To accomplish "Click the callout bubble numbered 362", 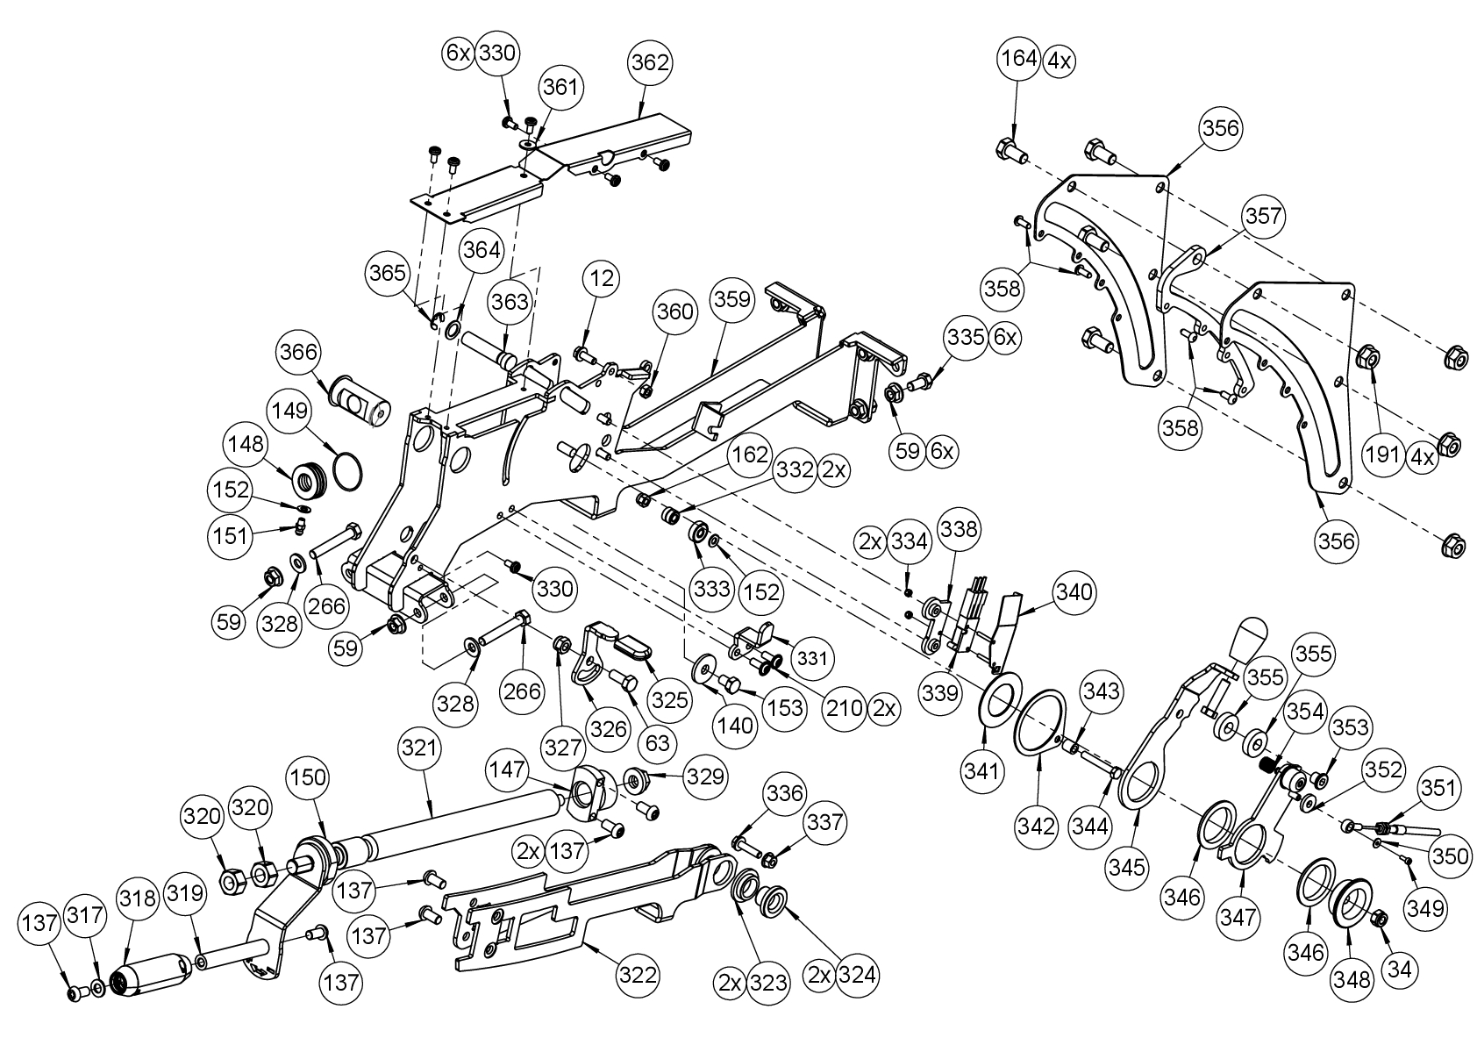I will pyautogui.click(x=650, y=63).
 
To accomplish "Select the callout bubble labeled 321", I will pyautogui.click(x=419, y=748).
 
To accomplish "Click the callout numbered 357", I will pyautogui.click(x=1263, y=216).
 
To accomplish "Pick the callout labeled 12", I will pyautogui.click(x=601, y=280).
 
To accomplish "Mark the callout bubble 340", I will pyautogui.click(x=1075, y=592).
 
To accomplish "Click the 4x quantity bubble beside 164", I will pyautogui.click(x=1060, y=61).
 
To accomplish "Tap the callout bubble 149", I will pyautogui.click(x=290, y=411).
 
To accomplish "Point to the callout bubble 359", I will pyautogui.click(x=733, y=298).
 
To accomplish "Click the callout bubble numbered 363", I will pyautogui.click(x=510, y=303).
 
